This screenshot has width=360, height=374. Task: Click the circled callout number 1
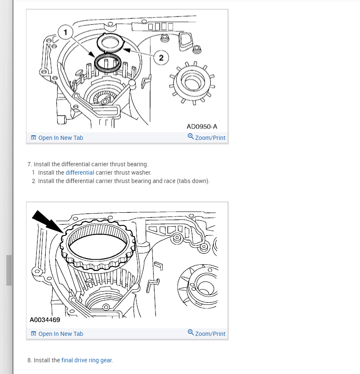pos(65,32)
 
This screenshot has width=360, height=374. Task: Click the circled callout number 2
pos(161,57)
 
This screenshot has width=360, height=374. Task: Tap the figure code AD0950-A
pos(202,126)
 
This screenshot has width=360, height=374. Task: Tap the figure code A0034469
pos(45,320)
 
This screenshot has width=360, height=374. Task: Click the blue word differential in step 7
pos(80,173)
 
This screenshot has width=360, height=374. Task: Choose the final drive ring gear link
pos(87,360)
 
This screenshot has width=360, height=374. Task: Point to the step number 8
pos(30,360)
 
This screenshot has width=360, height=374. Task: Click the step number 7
pos(30,164)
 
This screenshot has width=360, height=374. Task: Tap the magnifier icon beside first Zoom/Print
pos(191,136)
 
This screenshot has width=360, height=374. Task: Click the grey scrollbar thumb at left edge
pos(9,270)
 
